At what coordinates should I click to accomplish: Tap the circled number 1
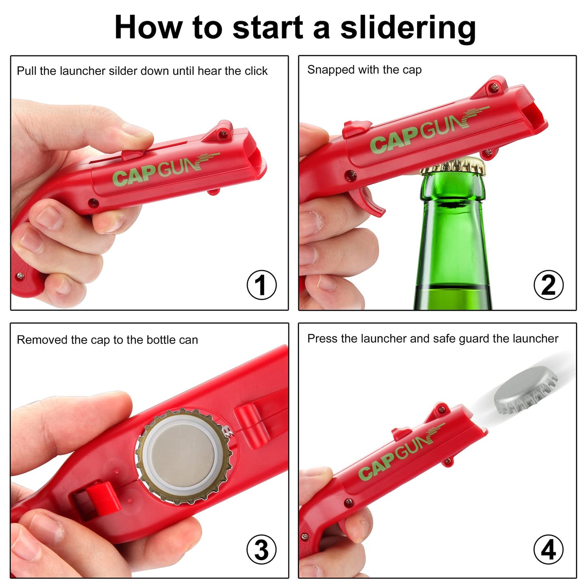pyautogui.click(x=262, y=285)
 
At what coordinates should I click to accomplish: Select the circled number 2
pyautogui.click(x=549, y=285)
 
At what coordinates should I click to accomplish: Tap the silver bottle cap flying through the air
pyautogui.click(x=525, y=391)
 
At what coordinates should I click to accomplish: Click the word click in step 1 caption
pyautogui.click(x=256, y=71)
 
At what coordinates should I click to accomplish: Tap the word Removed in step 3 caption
pyautogui.click(x=42, y=340)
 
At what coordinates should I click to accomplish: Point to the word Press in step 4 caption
pyautogui.click(x=322, y=338)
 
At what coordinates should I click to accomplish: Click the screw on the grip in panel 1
pyautogui.click(x=20, y=276)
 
